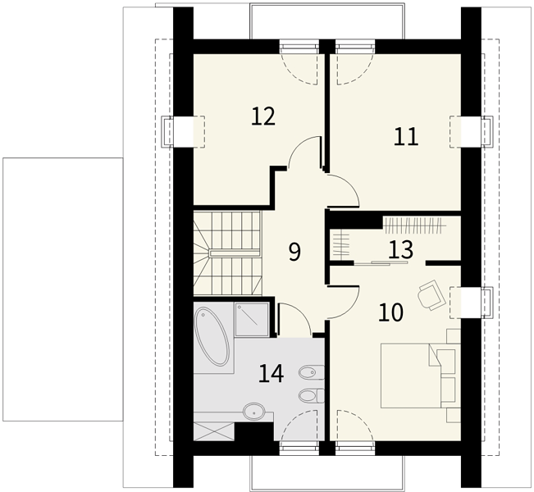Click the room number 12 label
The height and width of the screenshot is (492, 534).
pos(263,116)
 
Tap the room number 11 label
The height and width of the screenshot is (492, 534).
pos(405,137)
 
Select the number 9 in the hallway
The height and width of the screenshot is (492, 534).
pos(295,253)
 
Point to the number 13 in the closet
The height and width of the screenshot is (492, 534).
pos(401,249)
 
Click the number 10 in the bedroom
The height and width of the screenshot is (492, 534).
pos(391,312)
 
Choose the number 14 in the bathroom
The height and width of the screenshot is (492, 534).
pos(271,373)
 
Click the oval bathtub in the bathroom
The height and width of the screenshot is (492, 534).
pos(211,337)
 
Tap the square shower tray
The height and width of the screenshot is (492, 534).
pos(252,320)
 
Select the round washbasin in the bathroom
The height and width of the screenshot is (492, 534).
pos(253,412)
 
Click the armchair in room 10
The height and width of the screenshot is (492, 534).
pos(431,295)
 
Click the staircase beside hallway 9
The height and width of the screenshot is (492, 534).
pos(227,253)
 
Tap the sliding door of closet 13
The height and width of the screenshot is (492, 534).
pos(381,262)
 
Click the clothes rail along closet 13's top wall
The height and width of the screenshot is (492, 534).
pos(416,225)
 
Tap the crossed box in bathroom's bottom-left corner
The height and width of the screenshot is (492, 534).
pos(214,431)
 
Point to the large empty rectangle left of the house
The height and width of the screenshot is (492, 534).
pos(62,289)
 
